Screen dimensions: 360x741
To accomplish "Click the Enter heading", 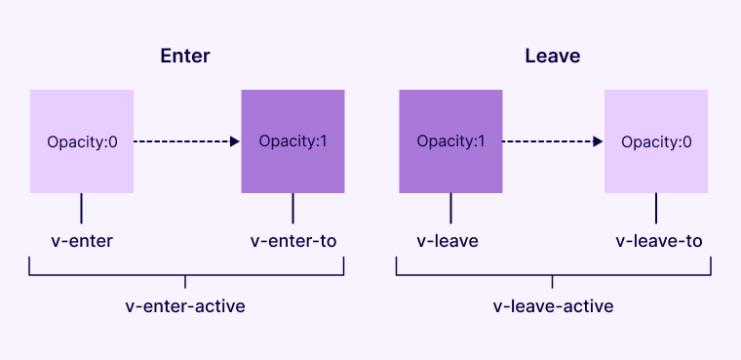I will (185, 56).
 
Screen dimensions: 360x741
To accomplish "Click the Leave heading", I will (553, 56).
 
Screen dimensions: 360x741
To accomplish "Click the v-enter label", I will (82, 241).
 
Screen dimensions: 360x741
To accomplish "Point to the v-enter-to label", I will (293, 241).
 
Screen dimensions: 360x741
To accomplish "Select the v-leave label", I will (448, 241).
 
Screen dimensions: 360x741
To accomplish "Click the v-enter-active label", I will (185, 306).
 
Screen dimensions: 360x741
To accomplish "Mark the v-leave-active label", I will (553, 306).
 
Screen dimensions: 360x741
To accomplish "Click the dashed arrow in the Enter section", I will (186, 141).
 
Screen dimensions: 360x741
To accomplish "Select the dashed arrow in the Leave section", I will (553, 141).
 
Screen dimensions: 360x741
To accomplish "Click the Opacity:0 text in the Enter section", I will (82, 142).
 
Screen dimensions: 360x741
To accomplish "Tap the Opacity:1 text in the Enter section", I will (293, 141).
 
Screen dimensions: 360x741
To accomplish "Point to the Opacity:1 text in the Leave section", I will (450, 141).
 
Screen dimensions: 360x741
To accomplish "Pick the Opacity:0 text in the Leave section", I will (656, 142).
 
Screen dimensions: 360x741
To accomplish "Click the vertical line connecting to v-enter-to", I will (293, 208).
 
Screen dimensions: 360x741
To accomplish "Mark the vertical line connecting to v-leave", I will (450, 208).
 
